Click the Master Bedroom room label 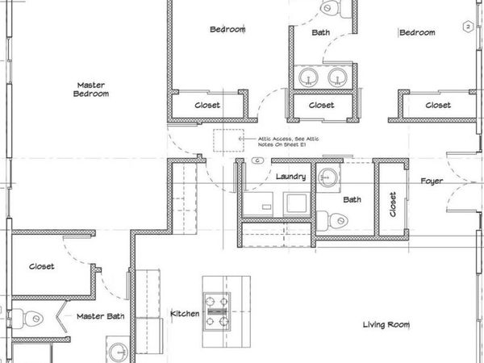point(92,89)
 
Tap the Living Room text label point(386,325)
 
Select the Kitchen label point(185,313)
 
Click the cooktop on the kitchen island point(216,310)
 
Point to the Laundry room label point(290,177)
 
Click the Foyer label point(432,181)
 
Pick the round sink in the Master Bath point(118,351)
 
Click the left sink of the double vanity point(307,77)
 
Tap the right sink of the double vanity point(336,77)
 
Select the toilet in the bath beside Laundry point(333,219)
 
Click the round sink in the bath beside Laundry point(328,177)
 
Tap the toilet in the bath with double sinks point(329,8)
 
